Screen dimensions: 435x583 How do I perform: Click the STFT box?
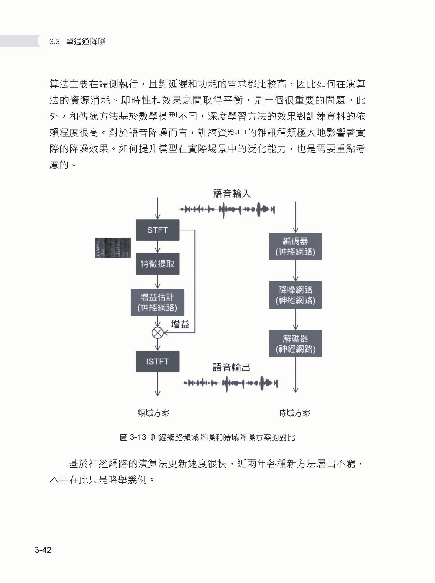(x=157, y=230)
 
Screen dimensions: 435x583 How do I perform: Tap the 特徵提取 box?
(x=157, y=264)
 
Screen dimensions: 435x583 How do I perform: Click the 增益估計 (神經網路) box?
(x=157, y=302)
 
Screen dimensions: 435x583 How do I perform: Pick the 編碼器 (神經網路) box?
(x=295, y=246)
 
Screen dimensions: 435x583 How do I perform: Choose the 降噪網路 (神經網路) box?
(x=295, y=295)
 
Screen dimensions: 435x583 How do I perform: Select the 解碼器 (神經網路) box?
(x=295, y=343)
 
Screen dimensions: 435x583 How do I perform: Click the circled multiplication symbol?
(x=157, y=333)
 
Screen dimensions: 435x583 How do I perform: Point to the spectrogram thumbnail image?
(x=113, y=248)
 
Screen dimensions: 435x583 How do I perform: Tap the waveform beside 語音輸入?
(x=227, y=210)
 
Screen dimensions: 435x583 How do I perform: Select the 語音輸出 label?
(x=231, y=367)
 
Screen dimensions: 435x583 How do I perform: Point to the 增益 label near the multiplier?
(x=181, y=324)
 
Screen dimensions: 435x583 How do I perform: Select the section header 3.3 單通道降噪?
(x=77, y=41)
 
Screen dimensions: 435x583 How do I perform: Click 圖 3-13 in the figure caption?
(x=133, y=437)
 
